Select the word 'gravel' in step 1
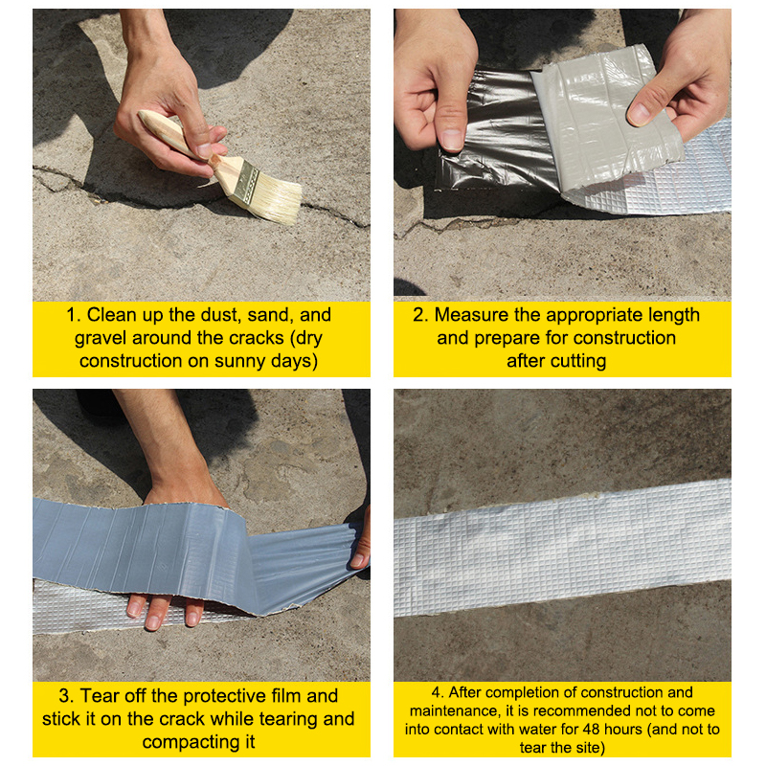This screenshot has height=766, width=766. (101, 339)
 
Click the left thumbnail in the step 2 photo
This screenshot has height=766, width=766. (452, 139)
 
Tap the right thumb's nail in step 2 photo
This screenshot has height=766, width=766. (639, 114)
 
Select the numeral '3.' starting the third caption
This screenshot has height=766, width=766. (66, 696)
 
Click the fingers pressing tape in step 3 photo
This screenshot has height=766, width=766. (164, 611)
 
